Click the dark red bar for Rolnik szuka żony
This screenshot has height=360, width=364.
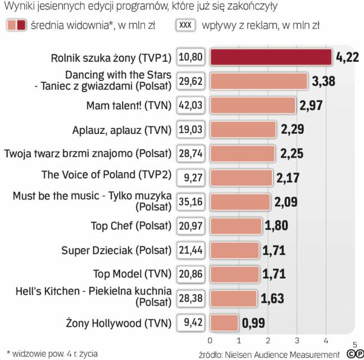(271, 57)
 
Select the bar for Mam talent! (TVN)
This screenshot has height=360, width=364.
(252, 105)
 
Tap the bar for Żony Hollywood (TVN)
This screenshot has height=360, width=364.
(224, 323)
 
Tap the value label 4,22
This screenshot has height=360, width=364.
(347, 57)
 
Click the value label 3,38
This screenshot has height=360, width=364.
(323, 82)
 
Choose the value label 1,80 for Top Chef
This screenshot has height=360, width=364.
(277, 226)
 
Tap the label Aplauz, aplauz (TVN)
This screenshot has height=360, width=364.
(121, 129)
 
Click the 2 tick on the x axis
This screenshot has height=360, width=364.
(268, 340)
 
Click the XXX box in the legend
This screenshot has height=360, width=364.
(184, 25)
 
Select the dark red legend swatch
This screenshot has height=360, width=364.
(21, 25)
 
